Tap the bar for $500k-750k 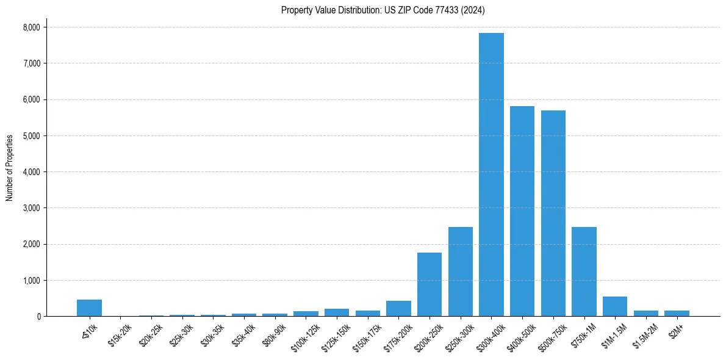(553, 214)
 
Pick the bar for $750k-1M (584, 272)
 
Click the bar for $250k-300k (461, 272)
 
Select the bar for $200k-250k (429, 284)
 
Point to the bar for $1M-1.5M (615, 306)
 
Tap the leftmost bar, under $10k (89, 308)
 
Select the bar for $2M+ (677, 313)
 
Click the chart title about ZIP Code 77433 (383, 10)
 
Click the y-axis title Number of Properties (10, 168)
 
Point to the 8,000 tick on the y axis (31, 27)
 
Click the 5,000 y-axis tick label (31, 136)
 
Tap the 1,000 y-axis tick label (31, 281)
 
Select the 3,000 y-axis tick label (31, 208)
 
